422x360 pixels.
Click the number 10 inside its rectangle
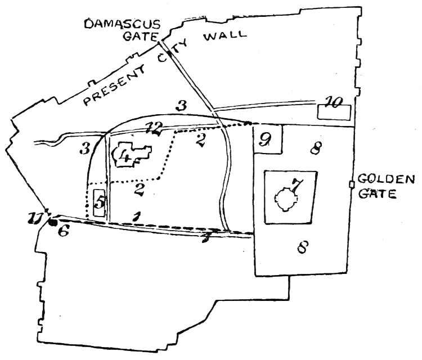[334, 103]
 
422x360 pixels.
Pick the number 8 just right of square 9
[317, 149]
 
